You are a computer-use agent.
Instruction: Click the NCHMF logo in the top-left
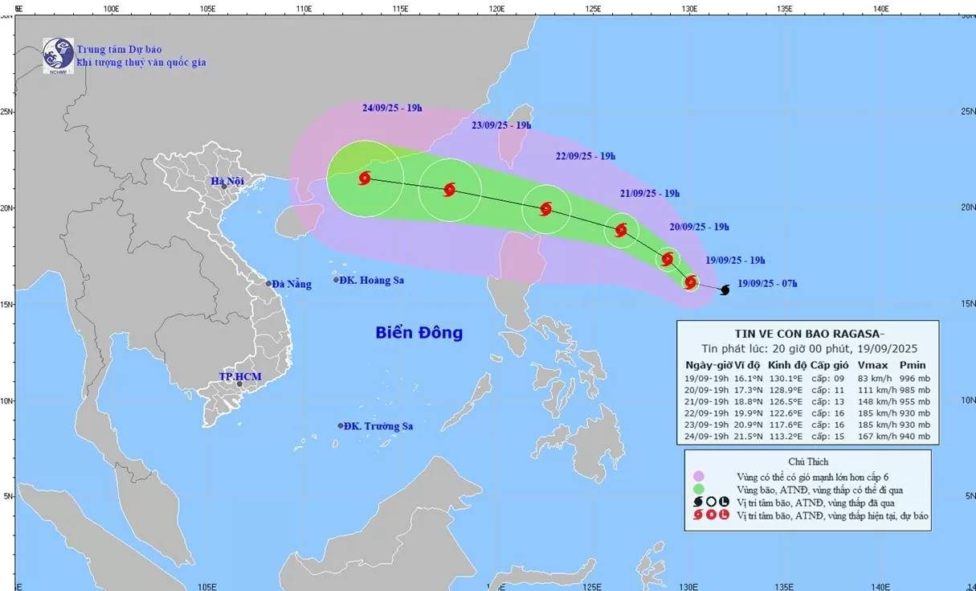tap(58, 55)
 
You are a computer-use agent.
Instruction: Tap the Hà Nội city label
tap(227, 181)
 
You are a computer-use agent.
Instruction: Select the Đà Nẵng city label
tap(291, 284)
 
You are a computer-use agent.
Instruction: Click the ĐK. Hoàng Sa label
tap(371, 280)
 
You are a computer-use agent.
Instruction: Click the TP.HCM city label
tap(239, 376)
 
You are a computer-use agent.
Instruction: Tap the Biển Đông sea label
tap(419, 333)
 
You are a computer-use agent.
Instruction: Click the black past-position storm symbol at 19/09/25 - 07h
tap(725, 289)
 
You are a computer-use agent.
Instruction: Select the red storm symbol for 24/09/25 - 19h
tap(365, 178)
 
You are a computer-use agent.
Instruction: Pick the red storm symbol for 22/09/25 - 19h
tap(546, 209)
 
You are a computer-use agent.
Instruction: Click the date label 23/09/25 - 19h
tap(501, 125)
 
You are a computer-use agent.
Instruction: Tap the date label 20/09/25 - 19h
tap(698, 227)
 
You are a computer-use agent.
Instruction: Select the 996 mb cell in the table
tap(913, 378)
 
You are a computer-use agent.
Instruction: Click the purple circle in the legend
tap(699, 475)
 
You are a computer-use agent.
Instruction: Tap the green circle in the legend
tap(699, 488)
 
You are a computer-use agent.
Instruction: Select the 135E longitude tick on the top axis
tap(784, 9)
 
